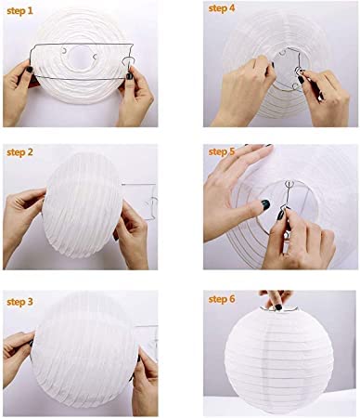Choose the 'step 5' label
click(222, 150)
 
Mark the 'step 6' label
click(222, 301)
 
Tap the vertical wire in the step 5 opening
click(289, 200)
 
